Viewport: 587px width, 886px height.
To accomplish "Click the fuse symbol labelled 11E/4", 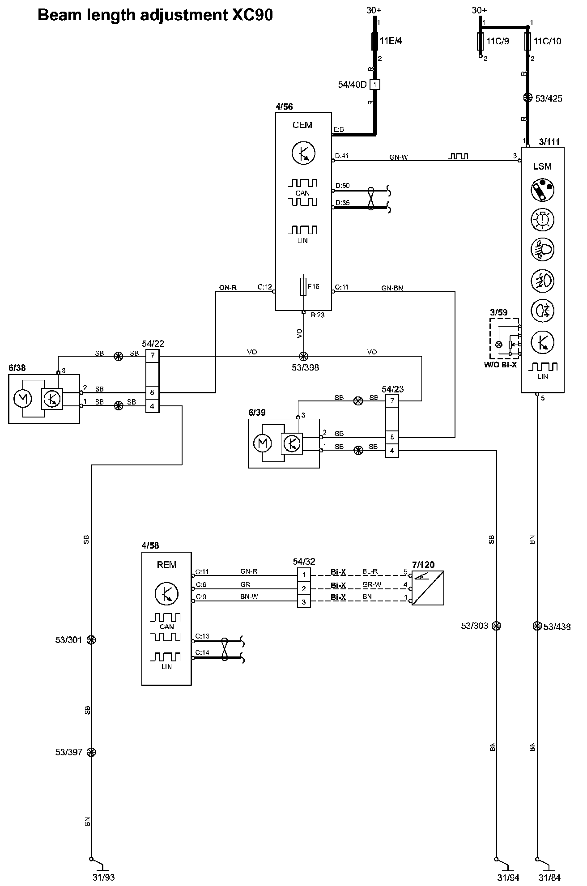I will pos(374,41).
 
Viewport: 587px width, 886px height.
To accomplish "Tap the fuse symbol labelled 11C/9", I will pos(481,41).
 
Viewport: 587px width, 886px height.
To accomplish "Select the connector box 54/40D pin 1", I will pos(375,84).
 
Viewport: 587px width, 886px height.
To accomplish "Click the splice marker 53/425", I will pos(528,98).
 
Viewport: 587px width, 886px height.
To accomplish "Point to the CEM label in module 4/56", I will pos(302,125).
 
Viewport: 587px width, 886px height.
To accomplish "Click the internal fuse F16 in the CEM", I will pos(303,286).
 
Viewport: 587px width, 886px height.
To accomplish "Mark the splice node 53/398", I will pos(303,356).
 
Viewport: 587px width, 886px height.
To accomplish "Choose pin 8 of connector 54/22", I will pos(152,392).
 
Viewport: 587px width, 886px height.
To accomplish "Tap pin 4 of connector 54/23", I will pos(392,451).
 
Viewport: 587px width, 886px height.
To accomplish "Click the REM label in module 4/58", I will pos(166,565).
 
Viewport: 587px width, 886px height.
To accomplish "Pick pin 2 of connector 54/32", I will pos(304,588).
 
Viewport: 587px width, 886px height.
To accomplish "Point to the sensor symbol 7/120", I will pos(428,588).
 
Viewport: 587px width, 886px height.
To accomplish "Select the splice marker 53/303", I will pos(496,626).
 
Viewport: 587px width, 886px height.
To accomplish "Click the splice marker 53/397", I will pos(91,752).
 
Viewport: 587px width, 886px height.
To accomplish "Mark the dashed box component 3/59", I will pos(504,338).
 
